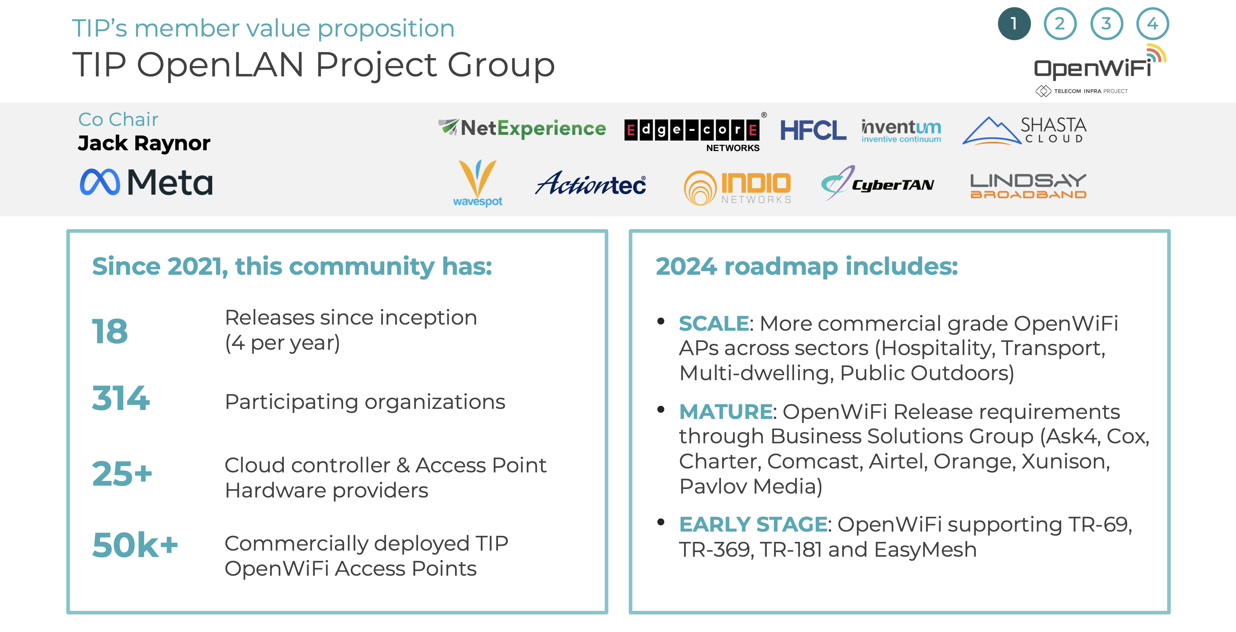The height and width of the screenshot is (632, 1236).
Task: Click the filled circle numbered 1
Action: click(1014, 24)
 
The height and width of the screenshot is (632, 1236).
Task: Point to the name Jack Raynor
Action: click(144, 143)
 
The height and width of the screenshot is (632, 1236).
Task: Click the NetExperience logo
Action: click(522, 128)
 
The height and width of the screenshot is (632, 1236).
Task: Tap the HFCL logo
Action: click(813, 130)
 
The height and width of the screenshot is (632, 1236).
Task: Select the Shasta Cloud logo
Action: click(1025, 130)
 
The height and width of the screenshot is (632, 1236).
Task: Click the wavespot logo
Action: click(477, 183)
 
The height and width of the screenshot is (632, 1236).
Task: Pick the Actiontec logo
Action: click(591, 183)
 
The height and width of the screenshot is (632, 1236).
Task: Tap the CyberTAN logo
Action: click(878, 183)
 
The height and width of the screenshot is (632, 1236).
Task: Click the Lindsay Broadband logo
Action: click(1028, 186)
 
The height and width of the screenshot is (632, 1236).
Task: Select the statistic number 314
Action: click(121, 398)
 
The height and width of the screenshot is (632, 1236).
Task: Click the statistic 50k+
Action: click(135, 545)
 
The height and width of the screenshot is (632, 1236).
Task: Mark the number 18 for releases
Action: click(110, 331)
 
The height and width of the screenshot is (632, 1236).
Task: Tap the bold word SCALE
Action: click(713, 323)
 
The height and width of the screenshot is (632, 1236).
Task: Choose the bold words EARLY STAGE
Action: click(753, 524)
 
